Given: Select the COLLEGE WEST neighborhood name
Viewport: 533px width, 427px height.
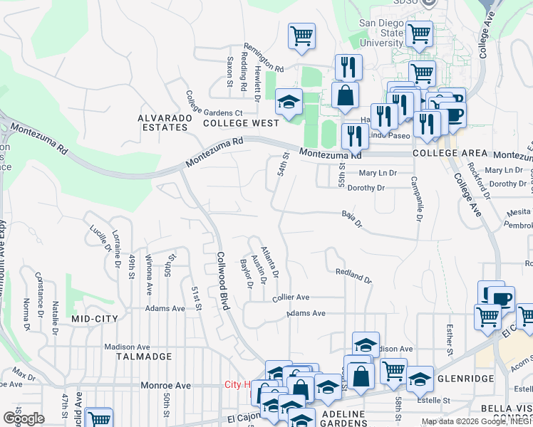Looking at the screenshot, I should tap(241, 123).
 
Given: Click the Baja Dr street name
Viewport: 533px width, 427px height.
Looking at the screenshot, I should tap(352, 218).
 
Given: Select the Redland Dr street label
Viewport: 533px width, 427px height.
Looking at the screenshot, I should tap(353, 275).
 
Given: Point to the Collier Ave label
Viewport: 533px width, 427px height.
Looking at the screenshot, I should tap(291, 297).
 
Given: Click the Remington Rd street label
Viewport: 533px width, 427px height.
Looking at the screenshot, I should tap(264, 69).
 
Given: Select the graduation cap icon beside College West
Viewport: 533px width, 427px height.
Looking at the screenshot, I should tap(289, 105).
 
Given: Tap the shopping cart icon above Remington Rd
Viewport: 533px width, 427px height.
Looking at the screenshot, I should tap(301, 36).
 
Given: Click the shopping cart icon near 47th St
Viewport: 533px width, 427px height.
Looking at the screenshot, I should tap(99, 418).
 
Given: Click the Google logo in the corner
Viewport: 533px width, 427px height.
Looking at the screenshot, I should tap(23, 418).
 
